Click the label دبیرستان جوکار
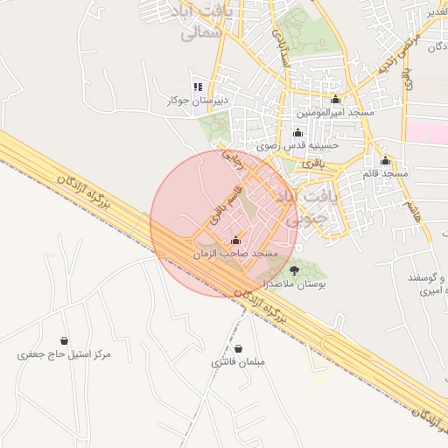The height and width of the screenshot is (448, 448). [198, 101]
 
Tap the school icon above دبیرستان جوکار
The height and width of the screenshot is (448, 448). [198, 87]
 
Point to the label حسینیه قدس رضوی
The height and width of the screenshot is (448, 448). [297, 145]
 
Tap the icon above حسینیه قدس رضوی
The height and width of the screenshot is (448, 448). [297, 132]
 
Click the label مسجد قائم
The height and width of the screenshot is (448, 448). [385, 174]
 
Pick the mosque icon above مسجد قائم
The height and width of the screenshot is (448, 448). [385, 161]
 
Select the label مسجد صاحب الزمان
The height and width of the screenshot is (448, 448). [235, 253]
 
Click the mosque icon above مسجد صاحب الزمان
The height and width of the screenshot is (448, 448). [235, 240]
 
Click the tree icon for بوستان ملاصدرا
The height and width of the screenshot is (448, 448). [293, 271]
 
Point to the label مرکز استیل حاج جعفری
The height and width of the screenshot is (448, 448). [65, 354]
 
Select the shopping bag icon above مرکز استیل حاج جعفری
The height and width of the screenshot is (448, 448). [64, 340]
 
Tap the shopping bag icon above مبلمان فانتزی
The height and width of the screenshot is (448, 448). [239, 348]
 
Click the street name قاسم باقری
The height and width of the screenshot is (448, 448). [220, 204]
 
